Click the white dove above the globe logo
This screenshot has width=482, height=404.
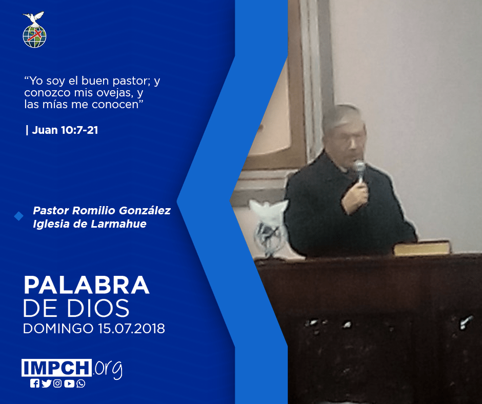coord(34,18)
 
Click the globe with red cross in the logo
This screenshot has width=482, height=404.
coord(34,36)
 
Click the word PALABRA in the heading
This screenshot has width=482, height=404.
coord(86,286)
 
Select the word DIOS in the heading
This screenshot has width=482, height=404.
coord(98,308)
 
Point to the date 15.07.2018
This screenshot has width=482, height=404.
coord(132,329)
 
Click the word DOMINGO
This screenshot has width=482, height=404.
coord(58,329)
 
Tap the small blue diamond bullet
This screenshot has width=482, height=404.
coord(19,216)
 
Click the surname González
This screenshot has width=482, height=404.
coord(145,211)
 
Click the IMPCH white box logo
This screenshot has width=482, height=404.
coord(56,368)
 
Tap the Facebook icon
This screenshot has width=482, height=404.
coord(34,383)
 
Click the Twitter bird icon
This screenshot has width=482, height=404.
coord(46,383)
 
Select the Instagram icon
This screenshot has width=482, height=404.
coord(57,383)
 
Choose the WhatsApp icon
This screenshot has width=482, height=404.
coord(81,383)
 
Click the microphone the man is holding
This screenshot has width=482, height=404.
coord(359,170)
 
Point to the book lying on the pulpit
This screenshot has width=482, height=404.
coord(422,248)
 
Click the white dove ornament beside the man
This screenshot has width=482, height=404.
coord(269,228)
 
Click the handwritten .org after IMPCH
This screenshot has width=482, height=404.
coord(108,369)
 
